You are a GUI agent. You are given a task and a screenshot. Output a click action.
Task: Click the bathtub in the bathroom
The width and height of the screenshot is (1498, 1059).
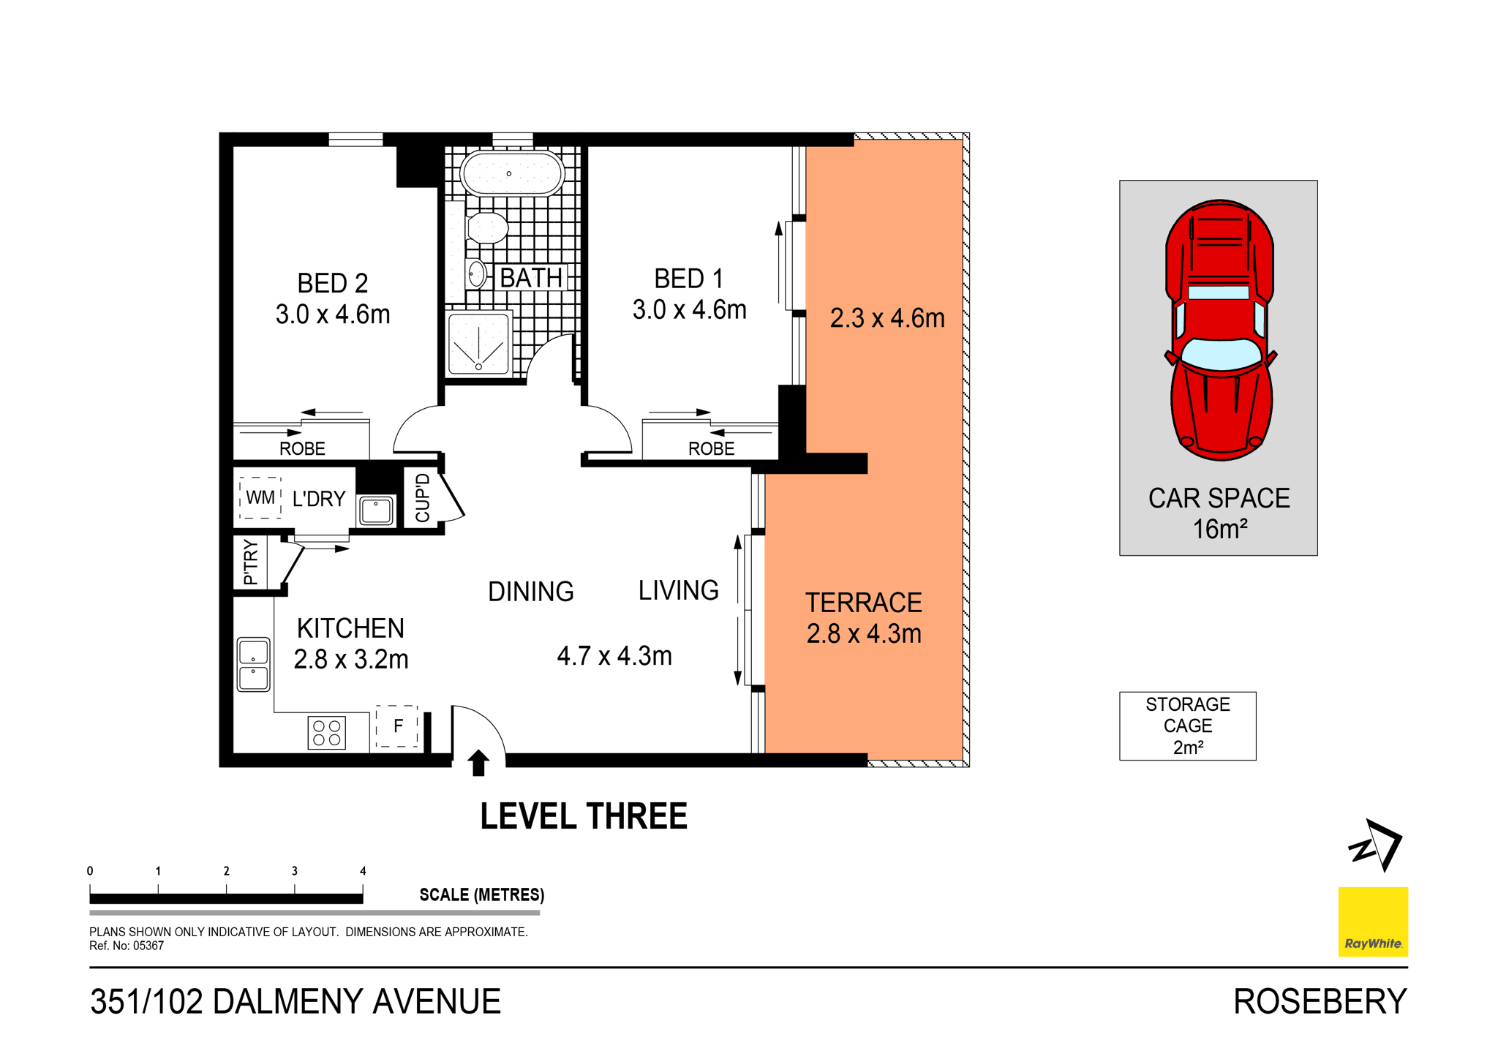pos(511,173)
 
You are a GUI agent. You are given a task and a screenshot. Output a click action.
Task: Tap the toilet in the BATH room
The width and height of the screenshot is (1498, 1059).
pos(487,228)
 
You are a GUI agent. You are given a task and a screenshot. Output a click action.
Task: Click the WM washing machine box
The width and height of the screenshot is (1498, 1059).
pos(260,498)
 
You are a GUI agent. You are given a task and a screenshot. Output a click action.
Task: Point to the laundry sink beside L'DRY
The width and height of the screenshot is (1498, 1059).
pos(377,509)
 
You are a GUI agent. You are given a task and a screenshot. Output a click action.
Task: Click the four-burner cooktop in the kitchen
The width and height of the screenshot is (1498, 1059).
pos(327,733)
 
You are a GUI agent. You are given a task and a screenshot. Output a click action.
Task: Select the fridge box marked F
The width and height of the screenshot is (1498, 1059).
pos(397,726)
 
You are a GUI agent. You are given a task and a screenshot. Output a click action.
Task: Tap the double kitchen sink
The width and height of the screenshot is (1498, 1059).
pos(253,664)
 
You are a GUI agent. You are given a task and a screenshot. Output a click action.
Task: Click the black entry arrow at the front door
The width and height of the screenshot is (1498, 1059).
pos(478,762)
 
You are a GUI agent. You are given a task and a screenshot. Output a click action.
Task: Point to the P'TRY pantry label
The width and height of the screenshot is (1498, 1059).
pos(250,562)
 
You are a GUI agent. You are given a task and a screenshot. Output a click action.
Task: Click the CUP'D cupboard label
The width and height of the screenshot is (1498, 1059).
pos(423,498)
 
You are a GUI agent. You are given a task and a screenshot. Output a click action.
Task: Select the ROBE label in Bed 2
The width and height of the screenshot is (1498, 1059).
pos(302,448)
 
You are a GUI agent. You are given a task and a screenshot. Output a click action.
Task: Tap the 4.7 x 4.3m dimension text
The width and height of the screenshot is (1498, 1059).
pos(614,656)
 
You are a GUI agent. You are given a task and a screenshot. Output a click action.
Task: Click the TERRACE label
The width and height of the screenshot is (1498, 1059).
pos(863,603)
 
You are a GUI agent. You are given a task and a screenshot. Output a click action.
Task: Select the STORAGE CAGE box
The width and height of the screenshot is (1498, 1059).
pos(1187,726)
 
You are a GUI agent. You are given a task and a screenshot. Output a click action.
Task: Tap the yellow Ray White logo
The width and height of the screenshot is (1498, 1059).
pos(1372,922)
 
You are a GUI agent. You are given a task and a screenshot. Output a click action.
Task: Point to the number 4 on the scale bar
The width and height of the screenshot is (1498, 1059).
pos(363,871)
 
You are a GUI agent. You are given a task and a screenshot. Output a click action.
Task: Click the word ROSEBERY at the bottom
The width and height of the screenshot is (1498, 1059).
pos(1320,1001)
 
